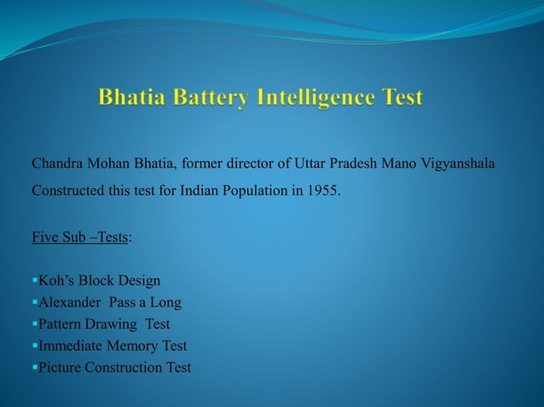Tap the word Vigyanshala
pos(460,163)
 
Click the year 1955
pos(321,189)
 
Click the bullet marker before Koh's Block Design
pos(34,280)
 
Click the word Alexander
pos(71,302)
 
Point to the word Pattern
pos(61,324)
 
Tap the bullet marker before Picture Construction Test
pos(34,368)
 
